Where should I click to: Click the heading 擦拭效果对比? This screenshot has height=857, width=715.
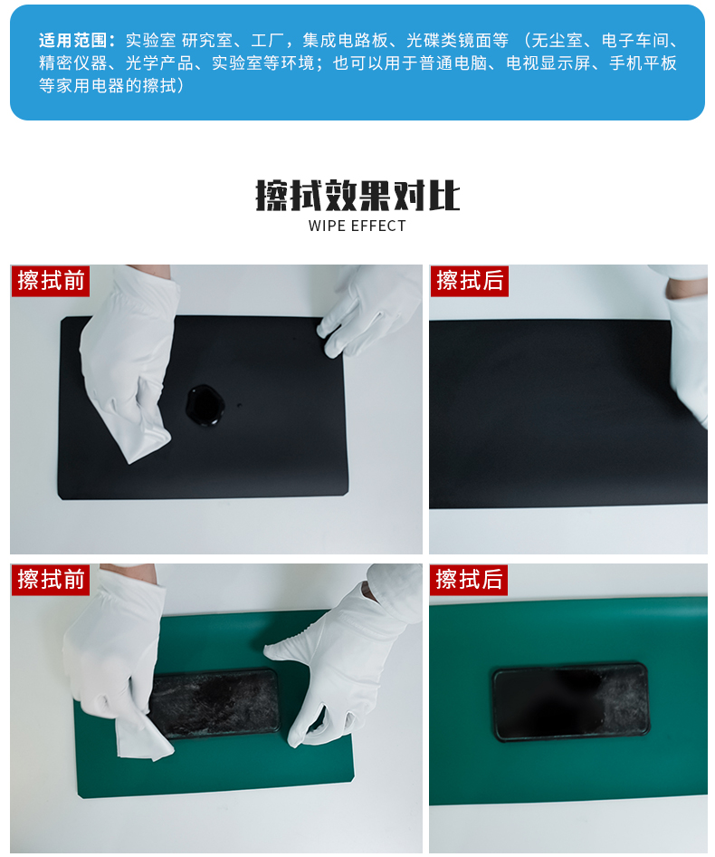pyautogui.click(x=357, y=195)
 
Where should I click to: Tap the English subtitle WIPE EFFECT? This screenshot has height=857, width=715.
pyautogui.click(x=357, y=226)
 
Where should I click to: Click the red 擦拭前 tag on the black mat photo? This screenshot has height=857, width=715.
pyautogui.click(x=51, y=281)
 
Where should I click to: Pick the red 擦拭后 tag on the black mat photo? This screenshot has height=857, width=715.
pyautogui.click(x=469, y=281)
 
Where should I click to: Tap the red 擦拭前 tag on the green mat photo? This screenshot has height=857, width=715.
pyautogui.click(x=51, y=580)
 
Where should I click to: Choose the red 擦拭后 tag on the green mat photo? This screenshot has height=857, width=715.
pyautogui.click(x=469, y=580)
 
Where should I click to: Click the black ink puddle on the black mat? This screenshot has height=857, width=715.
pyautogui.click(x=205, y=405)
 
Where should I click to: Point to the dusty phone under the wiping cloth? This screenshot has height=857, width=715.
pyautogui.click(x=215, y=702)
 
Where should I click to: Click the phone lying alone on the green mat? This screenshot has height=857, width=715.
pyautogui.click(x=571, y=702)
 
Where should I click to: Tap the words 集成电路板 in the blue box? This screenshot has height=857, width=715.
pyautogui.click(x=345, y=40)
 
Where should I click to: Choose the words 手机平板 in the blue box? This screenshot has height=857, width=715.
pyautogui.click(x=643, y=63)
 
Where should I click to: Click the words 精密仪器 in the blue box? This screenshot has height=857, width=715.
pyautogui.click(x=72, y=63)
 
